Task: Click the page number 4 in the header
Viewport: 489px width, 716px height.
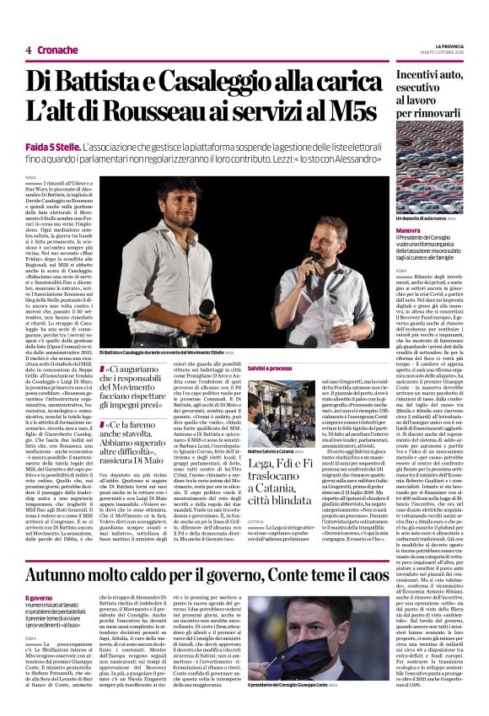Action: click(28, 50)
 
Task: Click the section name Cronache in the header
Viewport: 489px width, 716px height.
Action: click(59, 50)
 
